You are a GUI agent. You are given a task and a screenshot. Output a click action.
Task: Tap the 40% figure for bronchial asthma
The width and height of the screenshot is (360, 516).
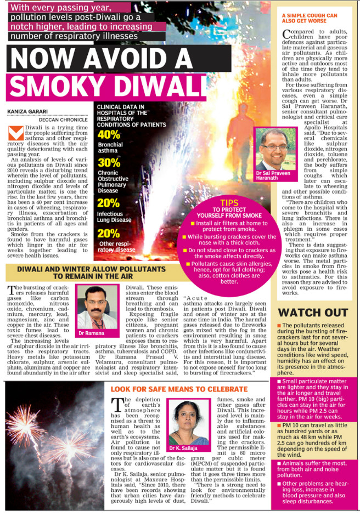[x=109, y=135]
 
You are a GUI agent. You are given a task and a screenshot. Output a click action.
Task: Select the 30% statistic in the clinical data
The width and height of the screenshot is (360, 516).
[x=109, y=162]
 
